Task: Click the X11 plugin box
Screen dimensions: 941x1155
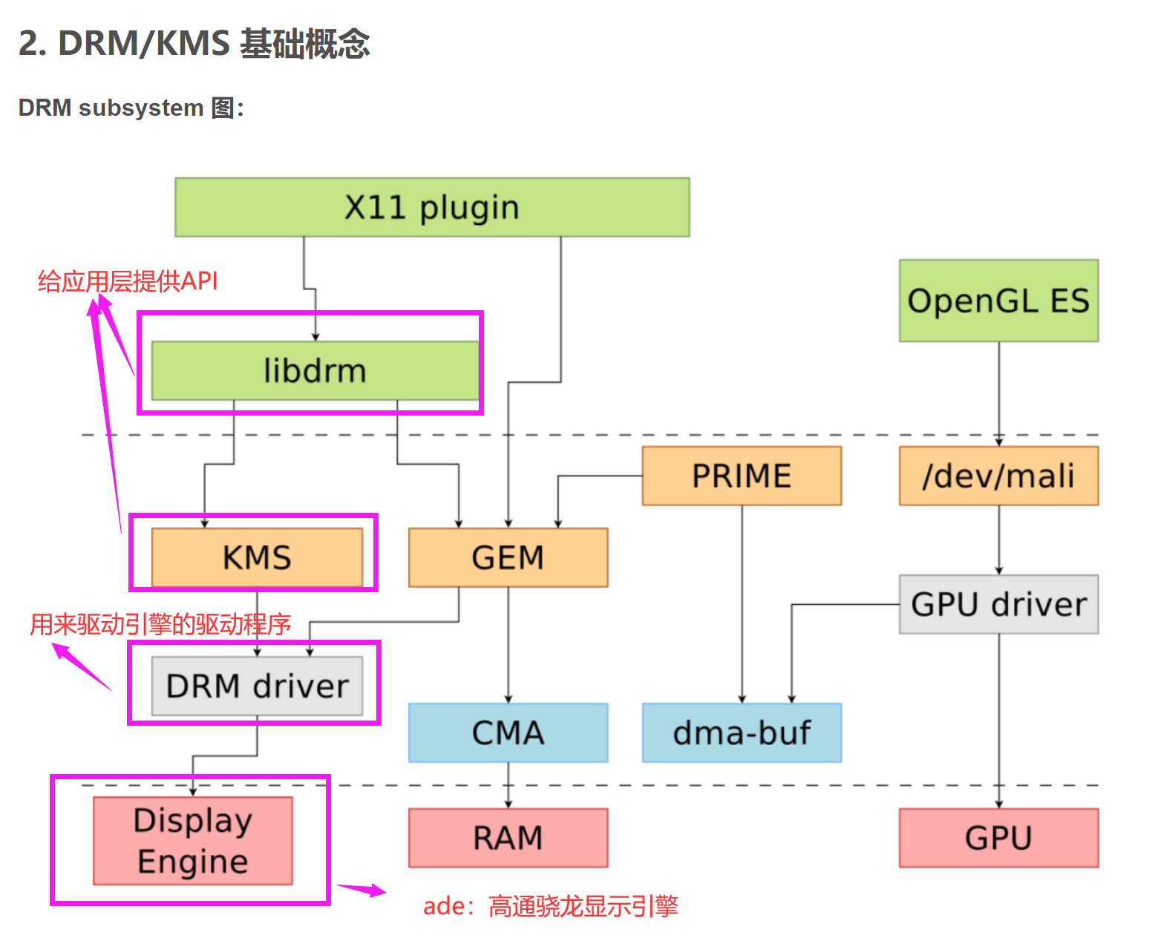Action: coord(432,207)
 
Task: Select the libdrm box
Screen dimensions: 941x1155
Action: coord(315,370)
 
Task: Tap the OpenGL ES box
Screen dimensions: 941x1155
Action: coord(998,301)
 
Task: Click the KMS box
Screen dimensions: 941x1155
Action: coord(257,557)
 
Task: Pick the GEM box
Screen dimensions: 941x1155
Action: coord(508,557)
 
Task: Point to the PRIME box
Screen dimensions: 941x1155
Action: coord(742,476)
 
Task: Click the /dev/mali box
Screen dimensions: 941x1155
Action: coord(998,476)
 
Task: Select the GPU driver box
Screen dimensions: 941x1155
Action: coord(998,604)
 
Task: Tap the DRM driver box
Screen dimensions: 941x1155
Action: coord(257,686)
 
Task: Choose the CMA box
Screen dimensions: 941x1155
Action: coord(508,732)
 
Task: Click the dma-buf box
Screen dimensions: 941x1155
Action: coord(742,732)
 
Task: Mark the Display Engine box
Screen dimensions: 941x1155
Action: coord(193,841)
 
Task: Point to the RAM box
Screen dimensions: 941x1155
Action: coord(508,838)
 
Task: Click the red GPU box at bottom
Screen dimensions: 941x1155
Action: coord(998,838)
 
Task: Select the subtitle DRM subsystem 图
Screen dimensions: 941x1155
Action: coord(131,108)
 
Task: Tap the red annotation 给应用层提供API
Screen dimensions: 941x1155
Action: coord(128,281)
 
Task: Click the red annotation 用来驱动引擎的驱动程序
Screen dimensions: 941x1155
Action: coord(160,624)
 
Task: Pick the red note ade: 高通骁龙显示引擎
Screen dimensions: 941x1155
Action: coord(550,906)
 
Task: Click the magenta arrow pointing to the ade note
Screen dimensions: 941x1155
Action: coord(361,888)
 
